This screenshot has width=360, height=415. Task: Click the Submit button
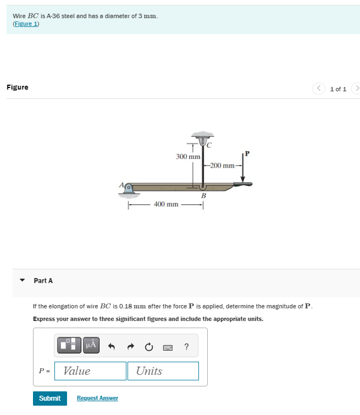(x=50, y=398)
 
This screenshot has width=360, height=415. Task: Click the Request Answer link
(x=97, y=398)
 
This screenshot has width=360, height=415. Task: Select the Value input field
(x=91, y=371)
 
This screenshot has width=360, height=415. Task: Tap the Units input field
(x=163, y=371)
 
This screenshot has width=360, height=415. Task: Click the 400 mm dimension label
(x=166, y=204)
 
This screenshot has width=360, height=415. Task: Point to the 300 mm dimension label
(x=188, y=157)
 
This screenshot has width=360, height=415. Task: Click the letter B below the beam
(x=203, y=196)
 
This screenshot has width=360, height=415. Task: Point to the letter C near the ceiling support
(x=209, y=145)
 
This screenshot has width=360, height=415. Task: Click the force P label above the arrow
(x=247, y=153)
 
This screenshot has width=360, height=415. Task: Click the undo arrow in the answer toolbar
(x=112, y=346)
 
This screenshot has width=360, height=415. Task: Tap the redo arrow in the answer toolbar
(x=130, y=346)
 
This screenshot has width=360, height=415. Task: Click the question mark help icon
(x=187, y=346)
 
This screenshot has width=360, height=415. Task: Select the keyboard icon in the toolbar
(x=168, y=347)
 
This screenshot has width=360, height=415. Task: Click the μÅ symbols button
(x=91, y=345)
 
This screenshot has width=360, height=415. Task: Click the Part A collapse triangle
(x=23, y=280)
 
